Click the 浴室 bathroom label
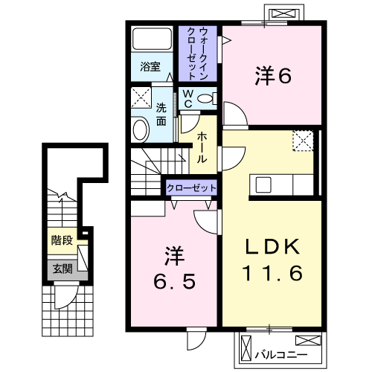150,66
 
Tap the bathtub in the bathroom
152,39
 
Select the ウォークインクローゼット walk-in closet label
198,54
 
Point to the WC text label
188,98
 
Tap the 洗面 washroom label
161,115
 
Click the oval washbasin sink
140,129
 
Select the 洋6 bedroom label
273,75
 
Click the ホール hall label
202,147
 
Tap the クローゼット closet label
191,188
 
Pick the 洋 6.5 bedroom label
174,268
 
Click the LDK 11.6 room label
272,260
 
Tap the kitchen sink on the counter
263,185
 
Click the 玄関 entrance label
62,269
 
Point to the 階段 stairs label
62,240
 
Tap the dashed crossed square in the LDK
303,141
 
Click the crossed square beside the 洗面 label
141,97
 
